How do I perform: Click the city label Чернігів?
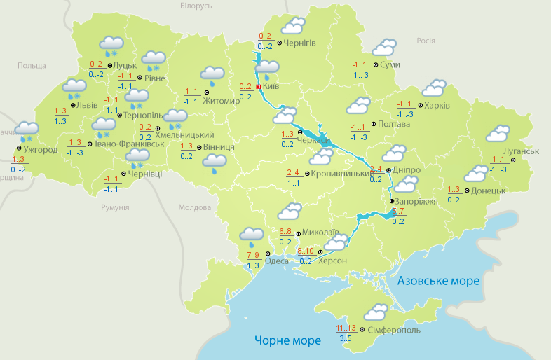point(301,43)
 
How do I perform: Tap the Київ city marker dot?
point(259,86)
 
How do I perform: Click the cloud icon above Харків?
point(434,88)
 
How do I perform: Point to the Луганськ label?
point(520,151)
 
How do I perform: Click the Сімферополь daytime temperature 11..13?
point(346,328)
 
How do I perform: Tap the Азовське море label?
point(438,281)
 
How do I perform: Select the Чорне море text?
point(287,340)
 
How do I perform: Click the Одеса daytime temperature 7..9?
point(253,254)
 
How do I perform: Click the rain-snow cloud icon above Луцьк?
point(111,46)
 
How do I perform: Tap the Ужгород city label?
point(39,149)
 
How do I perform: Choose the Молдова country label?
point(194,208)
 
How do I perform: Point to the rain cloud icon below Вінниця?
point(215,163)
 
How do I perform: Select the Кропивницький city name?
point(340,172)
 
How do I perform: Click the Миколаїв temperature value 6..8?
point(286,231)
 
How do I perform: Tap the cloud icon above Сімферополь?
point(376,311)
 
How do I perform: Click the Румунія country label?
point(115,208)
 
